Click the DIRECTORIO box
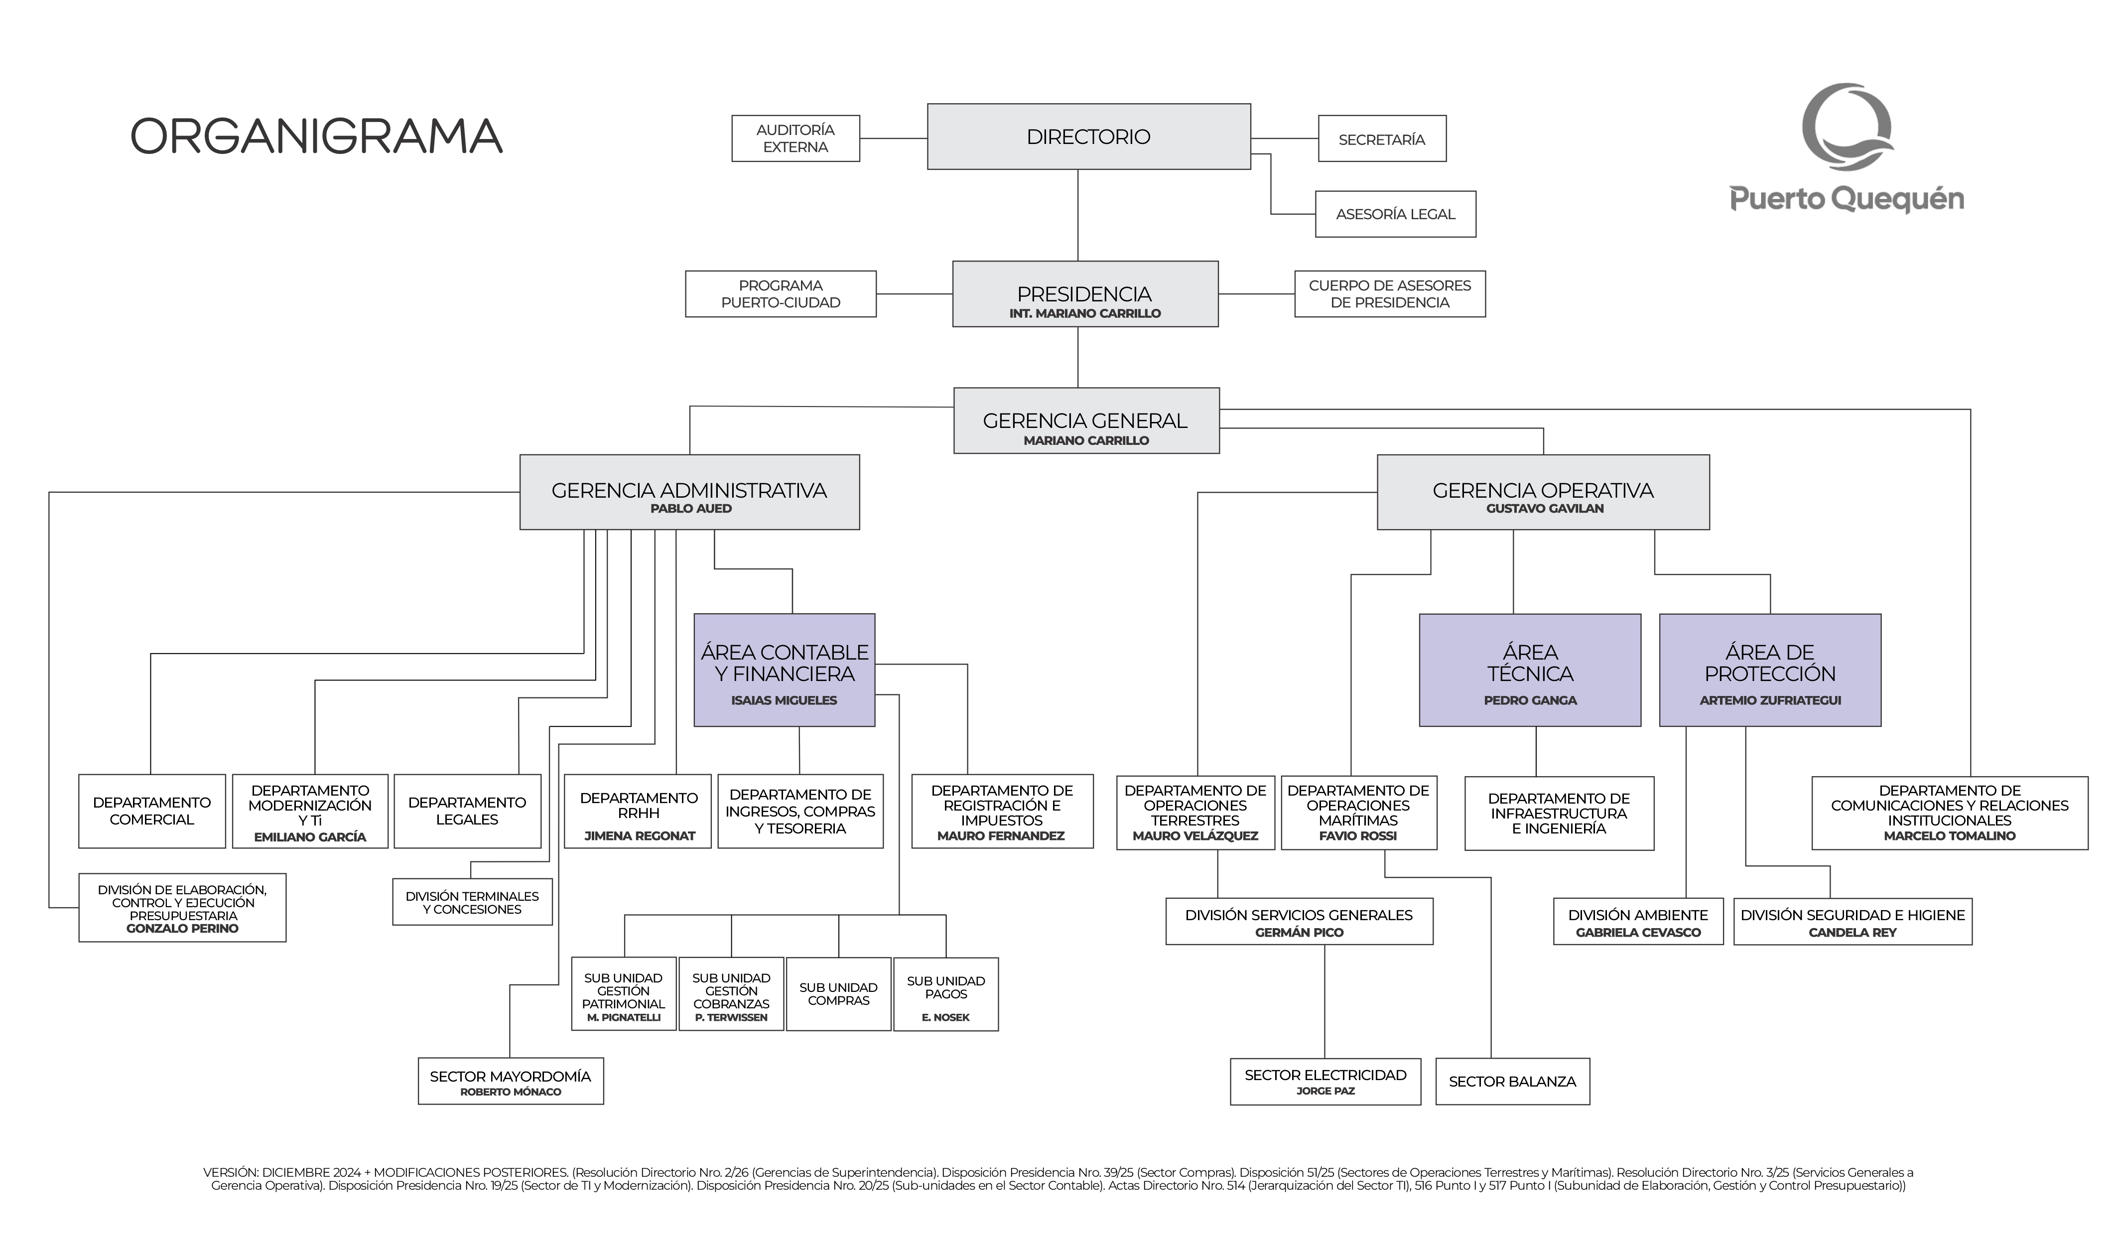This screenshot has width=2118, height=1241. point(1088,136)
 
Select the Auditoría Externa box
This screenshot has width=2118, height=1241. point(795,138)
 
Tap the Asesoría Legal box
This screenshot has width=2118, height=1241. point(1395,214)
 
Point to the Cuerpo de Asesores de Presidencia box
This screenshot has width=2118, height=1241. point(1389,293)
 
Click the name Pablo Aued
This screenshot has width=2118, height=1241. point(691,509)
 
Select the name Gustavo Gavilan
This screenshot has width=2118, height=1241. point(1544,509)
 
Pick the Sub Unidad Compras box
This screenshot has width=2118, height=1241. point(838,994)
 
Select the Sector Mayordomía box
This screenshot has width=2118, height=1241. point(510,1081)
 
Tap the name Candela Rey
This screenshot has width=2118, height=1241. point(1853,933)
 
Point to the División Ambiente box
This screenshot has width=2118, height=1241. point(1638,922)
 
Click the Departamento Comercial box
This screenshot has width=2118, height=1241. point(151,811)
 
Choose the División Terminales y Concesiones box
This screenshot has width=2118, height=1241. point(472,902)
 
